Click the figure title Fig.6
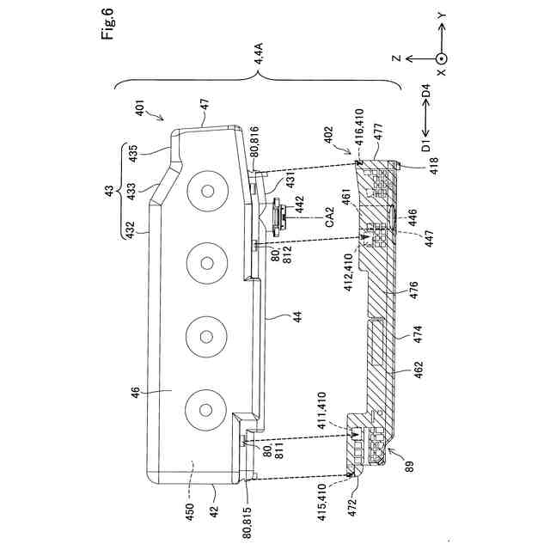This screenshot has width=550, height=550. tap(107, 23)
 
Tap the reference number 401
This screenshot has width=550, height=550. tap(139, 108)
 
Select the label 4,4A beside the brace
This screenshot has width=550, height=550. tap(260, 53)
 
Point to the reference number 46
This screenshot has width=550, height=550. tap(136, 392)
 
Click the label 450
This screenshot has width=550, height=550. tap(189, 512)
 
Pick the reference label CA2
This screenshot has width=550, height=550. tap(330, 217)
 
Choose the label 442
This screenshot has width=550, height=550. tap(300, 205)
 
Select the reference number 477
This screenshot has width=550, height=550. tap(379, 132)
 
